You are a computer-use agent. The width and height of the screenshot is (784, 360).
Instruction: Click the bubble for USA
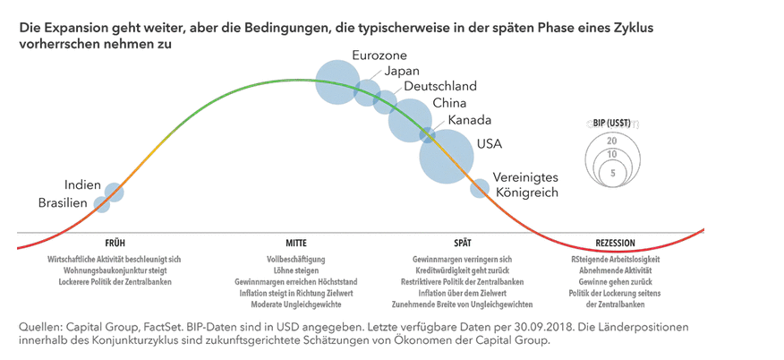pos(446,156)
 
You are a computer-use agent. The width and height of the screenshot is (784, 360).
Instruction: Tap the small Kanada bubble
pos(428,135)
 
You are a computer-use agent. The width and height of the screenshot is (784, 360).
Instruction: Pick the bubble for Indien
pos(114,192)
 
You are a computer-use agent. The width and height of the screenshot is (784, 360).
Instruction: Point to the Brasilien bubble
pos(102,205)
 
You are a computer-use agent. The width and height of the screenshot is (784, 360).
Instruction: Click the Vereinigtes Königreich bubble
pos(480,188)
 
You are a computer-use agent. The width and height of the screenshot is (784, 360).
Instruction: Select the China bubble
pos(410,119)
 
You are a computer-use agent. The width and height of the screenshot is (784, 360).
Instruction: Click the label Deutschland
pos(439,87)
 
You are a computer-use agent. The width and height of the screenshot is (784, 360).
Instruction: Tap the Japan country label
pos(401,72)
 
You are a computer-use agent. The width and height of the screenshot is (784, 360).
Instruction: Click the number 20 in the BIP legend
pos(611,141)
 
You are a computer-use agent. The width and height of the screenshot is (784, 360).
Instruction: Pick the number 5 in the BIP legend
pos(612,172)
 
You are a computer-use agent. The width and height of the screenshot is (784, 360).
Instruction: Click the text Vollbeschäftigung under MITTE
pos(297,258)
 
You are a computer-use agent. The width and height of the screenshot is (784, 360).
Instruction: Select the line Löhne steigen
pos(297,270)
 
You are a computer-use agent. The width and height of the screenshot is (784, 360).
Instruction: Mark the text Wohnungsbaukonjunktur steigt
pos(115,270)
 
